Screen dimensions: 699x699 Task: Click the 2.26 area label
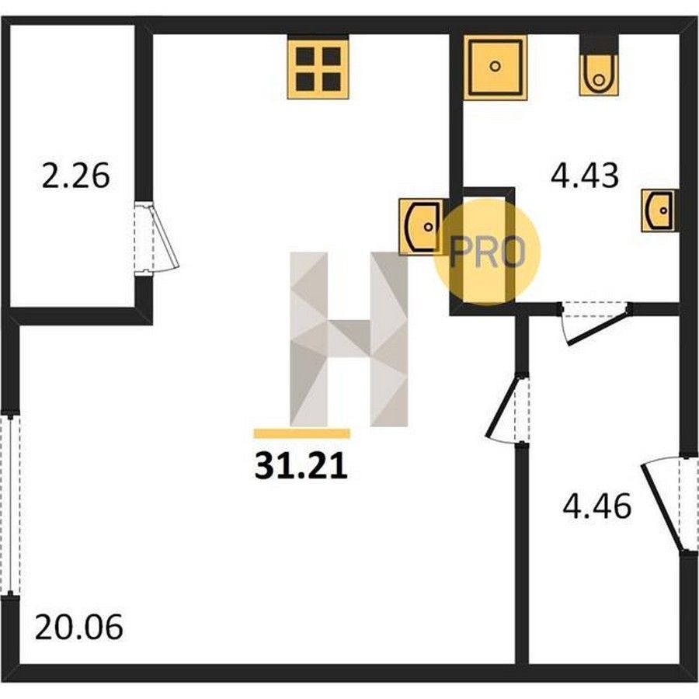coord(75,176)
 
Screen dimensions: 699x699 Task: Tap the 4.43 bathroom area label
coord(585,176)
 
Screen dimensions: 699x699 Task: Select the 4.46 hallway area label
coord(597,506)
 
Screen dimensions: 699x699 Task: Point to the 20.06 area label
coord(78,628)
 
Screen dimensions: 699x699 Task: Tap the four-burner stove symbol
coord(318,68)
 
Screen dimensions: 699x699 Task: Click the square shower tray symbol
coord(496,68)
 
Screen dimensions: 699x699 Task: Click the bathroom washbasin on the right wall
coord(659,210)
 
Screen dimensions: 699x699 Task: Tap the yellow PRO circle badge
coord(487,252)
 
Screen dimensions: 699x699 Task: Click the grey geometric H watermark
coord(349,339)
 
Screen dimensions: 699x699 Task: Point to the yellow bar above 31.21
coord(302,433)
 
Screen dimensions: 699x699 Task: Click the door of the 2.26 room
coord(156,237)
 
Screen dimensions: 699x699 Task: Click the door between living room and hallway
coord(508,408)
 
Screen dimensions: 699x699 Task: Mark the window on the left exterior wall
coord(10,505)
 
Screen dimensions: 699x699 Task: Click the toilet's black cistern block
coord(599,44)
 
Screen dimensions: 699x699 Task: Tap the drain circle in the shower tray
coord(495,67)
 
